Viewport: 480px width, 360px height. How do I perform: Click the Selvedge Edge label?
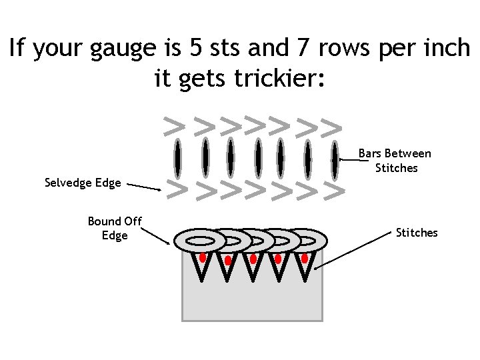point(83,183)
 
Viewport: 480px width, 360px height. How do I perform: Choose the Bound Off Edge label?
point(115,228)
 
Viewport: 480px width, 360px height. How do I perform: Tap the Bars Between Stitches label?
point(395,161)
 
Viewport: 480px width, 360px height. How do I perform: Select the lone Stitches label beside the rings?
point(417,233)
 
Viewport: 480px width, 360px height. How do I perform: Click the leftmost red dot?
point(202,257)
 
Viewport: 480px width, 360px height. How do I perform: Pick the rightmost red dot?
point(305,257)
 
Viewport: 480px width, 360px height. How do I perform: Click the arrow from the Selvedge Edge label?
point(143,187)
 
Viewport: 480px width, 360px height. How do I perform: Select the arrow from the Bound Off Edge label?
point(157,235)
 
